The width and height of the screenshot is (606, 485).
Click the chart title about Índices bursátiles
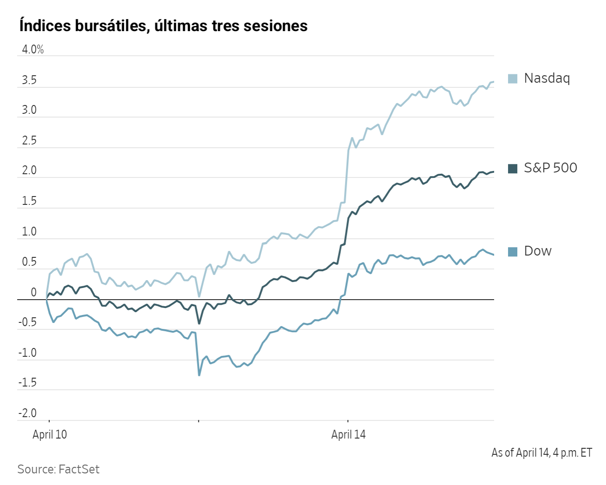click(x=163, y=26)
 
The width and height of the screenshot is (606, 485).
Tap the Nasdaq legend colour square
click(x=513, y=79)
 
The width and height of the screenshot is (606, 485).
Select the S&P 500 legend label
click(x=550, y=168)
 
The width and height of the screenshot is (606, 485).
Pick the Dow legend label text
click(x=538, y=251)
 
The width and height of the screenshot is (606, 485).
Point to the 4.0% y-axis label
click(x=33, y=50)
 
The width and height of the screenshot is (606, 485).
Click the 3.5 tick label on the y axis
click(x=29, y=80)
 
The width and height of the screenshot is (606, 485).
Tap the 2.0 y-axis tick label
click(x=29, y=170)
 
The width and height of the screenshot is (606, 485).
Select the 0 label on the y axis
click(x=33, y=293)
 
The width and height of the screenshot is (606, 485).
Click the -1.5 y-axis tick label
click(x=27, y=383)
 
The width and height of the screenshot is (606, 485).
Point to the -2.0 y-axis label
click(x=27, y=413)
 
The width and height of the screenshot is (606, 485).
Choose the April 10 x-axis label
click(x=50, y=435)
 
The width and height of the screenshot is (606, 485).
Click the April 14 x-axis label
click(x=348, y=435)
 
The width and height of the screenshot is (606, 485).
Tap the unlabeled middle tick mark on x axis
click(x=199, y=421)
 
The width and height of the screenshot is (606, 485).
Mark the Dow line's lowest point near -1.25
click(x=199, y=375)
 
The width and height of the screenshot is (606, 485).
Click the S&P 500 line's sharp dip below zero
click(x=199, y=323)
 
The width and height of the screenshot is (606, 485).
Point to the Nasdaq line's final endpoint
click(x=493, y=82)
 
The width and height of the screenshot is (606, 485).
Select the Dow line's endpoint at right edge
click(x=493, y=255)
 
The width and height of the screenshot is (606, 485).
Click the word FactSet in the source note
click(x=79, y=469)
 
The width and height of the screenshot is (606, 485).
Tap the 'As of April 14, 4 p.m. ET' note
click(x=541, y=452)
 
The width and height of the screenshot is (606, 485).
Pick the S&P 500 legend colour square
click(x=513, y=169)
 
